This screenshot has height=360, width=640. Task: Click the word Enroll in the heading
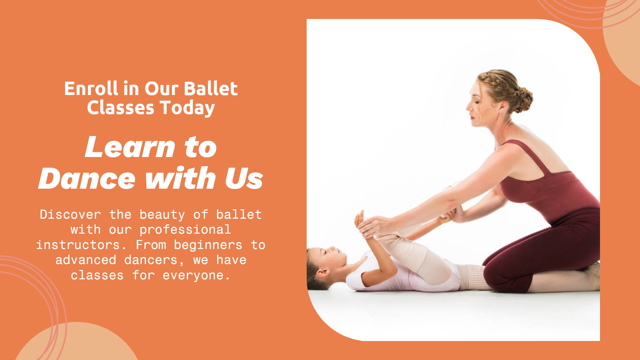[x=91, y=89]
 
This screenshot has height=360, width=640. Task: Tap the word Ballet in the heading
[x=211, y=89]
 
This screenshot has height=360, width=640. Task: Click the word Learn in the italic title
[x=130, y=147]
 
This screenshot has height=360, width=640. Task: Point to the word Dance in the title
[x=87, y=178]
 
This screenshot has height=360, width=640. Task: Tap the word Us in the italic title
[x=244, y=178]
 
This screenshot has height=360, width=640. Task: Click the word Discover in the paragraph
[x=70, y=215]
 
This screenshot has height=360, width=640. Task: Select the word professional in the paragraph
[x=185, y=230]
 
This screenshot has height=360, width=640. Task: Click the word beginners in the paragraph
[x=208, y=245]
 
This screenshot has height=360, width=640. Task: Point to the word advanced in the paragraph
[x=86, y=260]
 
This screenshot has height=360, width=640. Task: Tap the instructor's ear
[x=503, y=106]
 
